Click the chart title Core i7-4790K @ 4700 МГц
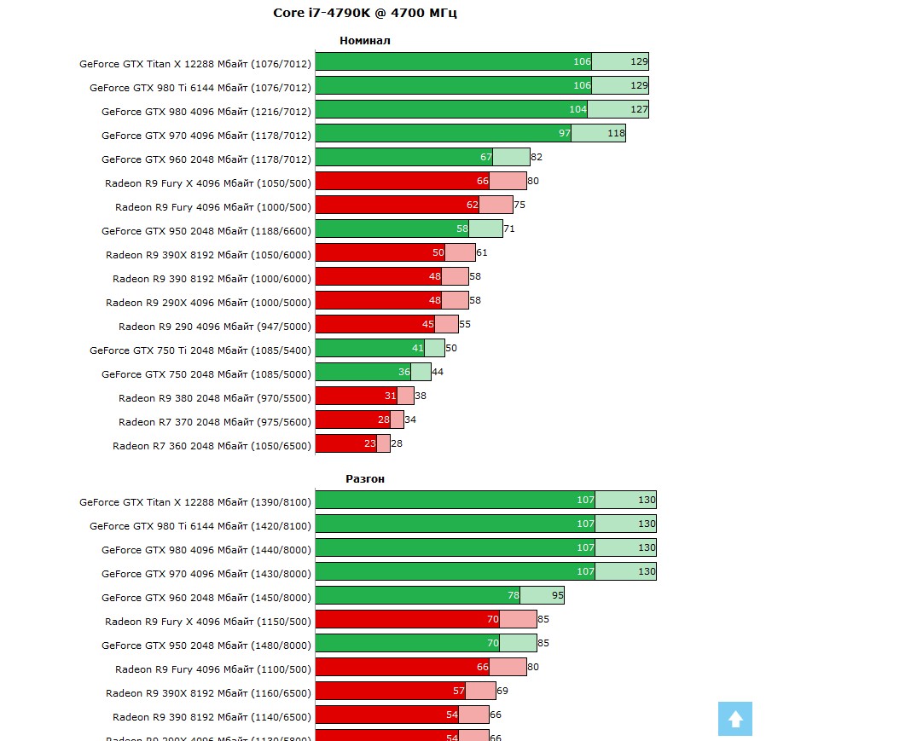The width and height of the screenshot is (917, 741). click(364, 13)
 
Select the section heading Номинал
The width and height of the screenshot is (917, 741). click(364, 40)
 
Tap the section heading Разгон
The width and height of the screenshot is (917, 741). click(364, 478)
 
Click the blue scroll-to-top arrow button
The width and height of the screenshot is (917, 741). click(734, 719)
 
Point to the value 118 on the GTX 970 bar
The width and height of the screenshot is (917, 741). click(616, 133)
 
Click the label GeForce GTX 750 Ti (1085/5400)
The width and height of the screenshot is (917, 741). click(200, 350)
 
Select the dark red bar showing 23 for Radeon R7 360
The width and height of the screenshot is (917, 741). click(345, 443)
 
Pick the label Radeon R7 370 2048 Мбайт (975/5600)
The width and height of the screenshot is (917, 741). click(215, 421)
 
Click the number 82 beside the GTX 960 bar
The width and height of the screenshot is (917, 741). click(537, 157)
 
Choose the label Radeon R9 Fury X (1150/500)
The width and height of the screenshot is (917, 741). click(208, 622)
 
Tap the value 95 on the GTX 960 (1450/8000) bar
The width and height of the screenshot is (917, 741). click(557, 595)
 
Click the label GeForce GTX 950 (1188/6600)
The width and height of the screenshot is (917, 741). click(206, 230)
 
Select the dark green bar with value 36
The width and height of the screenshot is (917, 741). click(363, 372)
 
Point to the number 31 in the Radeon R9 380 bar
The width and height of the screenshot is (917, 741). click(391, 396)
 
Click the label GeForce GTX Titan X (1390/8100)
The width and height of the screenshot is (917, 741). click(195, 502)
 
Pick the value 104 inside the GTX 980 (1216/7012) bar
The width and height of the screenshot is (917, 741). click(577, 109)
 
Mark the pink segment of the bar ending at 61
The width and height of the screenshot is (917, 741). click(461, 252)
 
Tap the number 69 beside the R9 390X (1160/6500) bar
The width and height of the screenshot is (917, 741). click(502, 691)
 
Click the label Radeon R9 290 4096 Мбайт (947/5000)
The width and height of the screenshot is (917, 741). click(215, 326)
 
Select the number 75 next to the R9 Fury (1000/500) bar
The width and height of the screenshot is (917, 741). click(519, 205)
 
